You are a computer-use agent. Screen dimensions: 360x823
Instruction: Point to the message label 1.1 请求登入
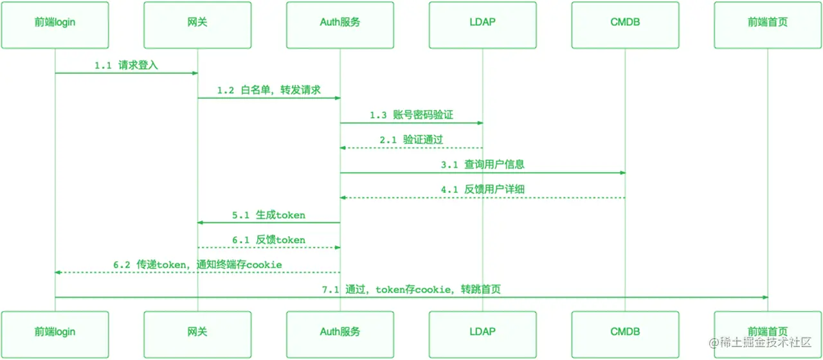click(x=126, y=65)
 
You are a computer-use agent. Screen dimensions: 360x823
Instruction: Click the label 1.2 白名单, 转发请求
click(x=269, y=90)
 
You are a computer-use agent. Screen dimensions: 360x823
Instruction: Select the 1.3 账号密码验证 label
click(x=411, y=115)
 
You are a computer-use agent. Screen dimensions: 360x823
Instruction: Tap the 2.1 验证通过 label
click(x=411, y=139)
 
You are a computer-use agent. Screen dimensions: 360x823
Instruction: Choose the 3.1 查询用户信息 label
click(x=483, y=165)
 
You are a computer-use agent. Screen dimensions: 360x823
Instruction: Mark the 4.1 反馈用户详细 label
click(x=483, y=190)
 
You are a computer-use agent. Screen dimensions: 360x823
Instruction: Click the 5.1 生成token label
click(x=269, y=215)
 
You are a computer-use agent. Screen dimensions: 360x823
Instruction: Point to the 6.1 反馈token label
click(x=269, y=240)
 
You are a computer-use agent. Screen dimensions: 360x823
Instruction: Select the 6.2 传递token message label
click(x=197, y=264)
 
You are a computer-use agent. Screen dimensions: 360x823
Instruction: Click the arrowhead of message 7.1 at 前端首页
click(x=764, y=297)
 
